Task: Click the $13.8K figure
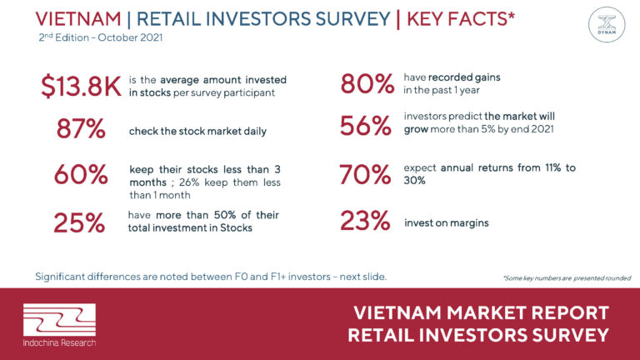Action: tap(81, 86)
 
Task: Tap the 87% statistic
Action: tap(81, 128)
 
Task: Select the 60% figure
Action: tap(81, 174)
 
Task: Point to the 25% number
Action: tap(79, 222)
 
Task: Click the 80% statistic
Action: tap(367, 84)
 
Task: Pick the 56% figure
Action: tap(366, 126)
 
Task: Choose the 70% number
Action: tap(365, 174)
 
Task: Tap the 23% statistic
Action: tap(365, 220)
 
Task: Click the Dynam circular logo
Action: tap(607, 24)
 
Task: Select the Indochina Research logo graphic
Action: tap(60, 320)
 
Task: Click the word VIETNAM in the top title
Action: tap(78, 19)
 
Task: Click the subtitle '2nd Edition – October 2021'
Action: tap(100, 37)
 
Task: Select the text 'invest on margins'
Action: tap(447, 222)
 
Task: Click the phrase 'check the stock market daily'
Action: tap(197, 132)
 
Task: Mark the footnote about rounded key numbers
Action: tap(567, 278)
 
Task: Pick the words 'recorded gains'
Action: tap(464, 77)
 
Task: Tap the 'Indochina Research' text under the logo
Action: tap(60, 342)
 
